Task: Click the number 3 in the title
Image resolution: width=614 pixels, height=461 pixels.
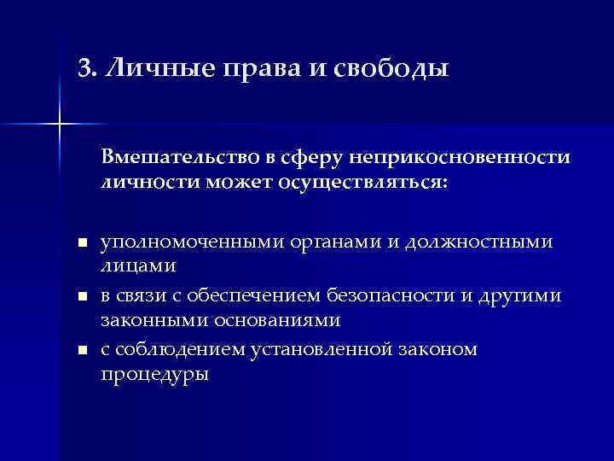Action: [x=83, y=67]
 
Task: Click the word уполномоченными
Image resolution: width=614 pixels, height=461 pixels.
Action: [x=188, y=242]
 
